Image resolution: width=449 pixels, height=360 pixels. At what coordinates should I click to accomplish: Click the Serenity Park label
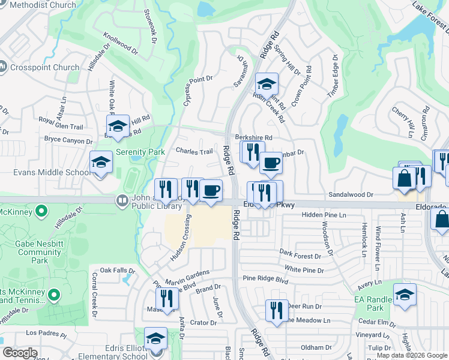click(140, 152)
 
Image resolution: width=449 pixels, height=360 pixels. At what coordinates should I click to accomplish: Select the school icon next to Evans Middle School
click(101, 162)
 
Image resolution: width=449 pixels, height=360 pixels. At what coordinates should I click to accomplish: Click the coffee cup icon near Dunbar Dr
click(271, 163)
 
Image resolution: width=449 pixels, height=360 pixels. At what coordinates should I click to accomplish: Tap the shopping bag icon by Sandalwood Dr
click(404, 178)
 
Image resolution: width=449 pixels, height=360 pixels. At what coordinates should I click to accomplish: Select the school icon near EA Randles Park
click(405, 295)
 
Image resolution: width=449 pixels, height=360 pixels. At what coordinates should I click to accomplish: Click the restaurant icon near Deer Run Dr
click(277, 310)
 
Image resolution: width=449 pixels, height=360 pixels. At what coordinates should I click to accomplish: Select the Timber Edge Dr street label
click(333, 77)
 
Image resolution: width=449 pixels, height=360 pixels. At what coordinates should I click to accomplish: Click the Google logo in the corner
click(20, 353)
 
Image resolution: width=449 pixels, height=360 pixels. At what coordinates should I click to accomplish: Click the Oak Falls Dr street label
click(114, 271)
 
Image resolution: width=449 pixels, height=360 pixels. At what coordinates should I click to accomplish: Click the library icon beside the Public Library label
click(122, 200)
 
